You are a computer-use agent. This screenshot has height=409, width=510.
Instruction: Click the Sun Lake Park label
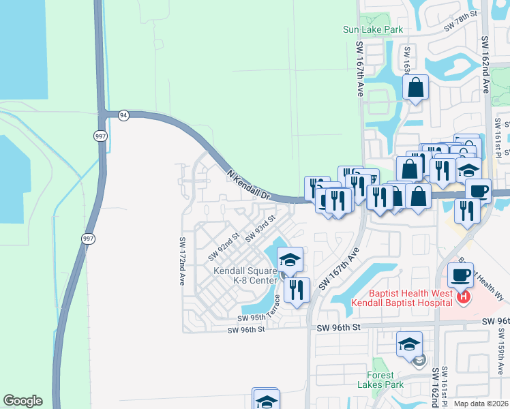(373, 29)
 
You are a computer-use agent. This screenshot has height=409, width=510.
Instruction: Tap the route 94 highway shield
(123, 115)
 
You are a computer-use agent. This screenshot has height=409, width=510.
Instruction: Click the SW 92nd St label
(224, 247)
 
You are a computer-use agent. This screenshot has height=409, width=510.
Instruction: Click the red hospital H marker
(464, 297)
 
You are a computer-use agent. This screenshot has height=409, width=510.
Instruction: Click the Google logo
(22, 401)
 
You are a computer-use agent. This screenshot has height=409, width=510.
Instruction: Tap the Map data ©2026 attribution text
(481, 404)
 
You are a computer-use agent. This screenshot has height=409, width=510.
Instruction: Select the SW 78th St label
(458, 26)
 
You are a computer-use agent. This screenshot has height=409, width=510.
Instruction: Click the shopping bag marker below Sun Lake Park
(415, 88)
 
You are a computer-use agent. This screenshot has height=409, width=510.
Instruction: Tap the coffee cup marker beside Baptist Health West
(460, 275)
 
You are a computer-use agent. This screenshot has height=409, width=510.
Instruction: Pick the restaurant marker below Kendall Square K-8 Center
(297, 289)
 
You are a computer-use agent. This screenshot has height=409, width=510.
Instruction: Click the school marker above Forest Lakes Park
(408, 344)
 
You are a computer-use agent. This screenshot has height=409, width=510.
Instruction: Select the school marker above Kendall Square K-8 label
(290, 259)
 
